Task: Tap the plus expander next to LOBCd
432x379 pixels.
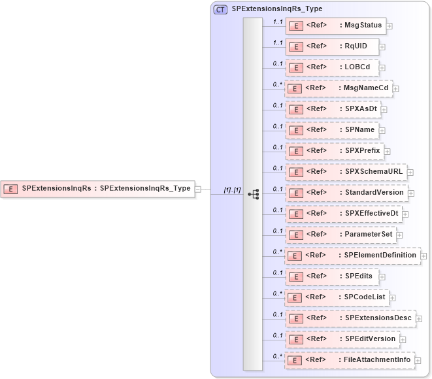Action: tap(382, 67)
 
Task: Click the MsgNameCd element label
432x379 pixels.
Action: tap(363, 88)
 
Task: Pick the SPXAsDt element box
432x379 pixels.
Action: tap(333, 109)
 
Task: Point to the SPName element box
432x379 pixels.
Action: tap(333, 130)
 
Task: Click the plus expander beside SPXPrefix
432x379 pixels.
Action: tap(387, 151)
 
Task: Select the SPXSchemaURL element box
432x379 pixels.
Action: tap(346, 172)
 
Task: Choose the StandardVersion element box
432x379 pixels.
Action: tap(346, 193)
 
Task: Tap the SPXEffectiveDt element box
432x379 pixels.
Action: tap(343, 214)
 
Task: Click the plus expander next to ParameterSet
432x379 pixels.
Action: tap(399, 235)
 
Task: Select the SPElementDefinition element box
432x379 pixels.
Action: tap(352, 255)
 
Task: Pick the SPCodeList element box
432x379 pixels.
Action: tap(337, 297)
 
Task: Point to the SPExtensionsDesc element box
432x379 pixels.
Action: tap(350, 318)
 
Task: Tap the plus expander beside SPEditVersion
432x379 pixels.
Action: tap(403, 339)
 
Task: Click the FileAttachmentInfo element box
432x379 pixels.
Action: tap(350, 360)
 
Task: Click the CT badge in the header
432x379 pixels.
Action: tap(221, 10)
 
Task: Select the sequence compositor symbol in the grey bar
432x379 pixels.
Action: tap(254, 194)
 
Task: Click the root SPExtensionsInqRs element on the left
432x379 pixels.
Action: tap(98, 189)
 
